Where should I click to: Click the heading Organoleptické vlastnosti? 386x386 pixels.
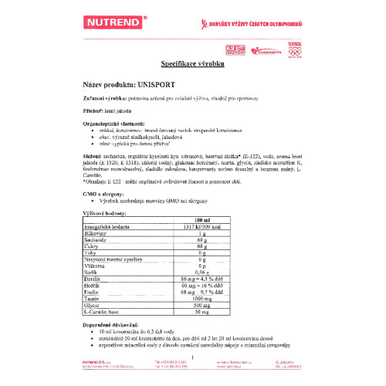(x=113, y=124)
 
